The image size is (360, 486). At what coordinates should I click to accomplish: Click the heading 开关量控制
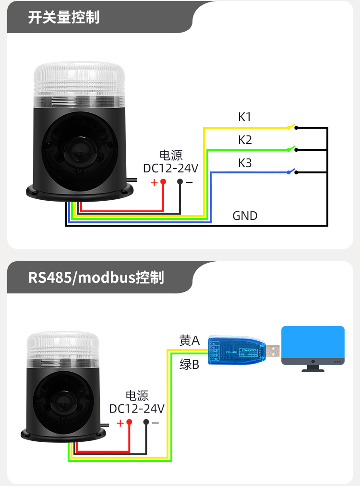click(x=64, y=17)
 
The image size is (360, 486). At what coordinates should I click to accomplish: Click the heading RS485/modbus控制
click(x=96, y=278)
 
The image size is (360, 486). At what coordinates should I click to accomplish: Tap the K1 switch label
click(x=245, y=117)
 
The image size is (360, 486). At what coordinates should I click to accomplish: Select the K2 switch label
click(x=245, y=140)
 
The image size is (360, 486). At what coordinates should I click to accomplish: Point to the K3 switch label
click(x=245, y=163)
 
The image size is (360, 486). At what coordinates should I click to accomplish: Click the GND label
click(x=245, y=216)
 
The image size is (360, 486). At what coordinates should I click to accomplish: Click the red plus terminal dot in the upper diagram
click(x=163, y=182)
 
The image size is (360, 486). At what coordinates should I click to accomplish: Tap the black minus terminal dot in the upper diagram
click(x=180, y=182)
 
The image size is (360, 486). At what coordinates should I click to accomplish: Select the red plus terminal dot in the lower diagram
click(x=129, y=422)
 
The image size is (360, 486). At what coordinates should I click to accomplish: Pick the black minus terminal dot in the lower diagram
click(x=146, y=422)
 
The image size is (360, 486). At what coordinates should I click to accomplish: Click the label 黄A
click(x=189, y=340)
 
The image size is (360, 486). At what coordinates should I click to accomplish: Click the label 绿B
click(x=189, y=364)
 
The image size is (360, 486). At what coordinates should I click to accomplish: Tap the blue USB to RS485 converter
click(x=237, y=352)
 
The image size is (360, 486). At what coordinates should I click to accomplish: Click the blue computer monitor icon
click(x=313, y=345)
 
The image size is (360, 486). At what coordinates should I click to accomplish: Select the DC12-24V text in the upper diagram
click(x=171, y=168)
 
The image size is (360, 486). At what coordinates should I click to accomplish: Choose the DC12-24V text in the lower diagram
click(x=137, y=409)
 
